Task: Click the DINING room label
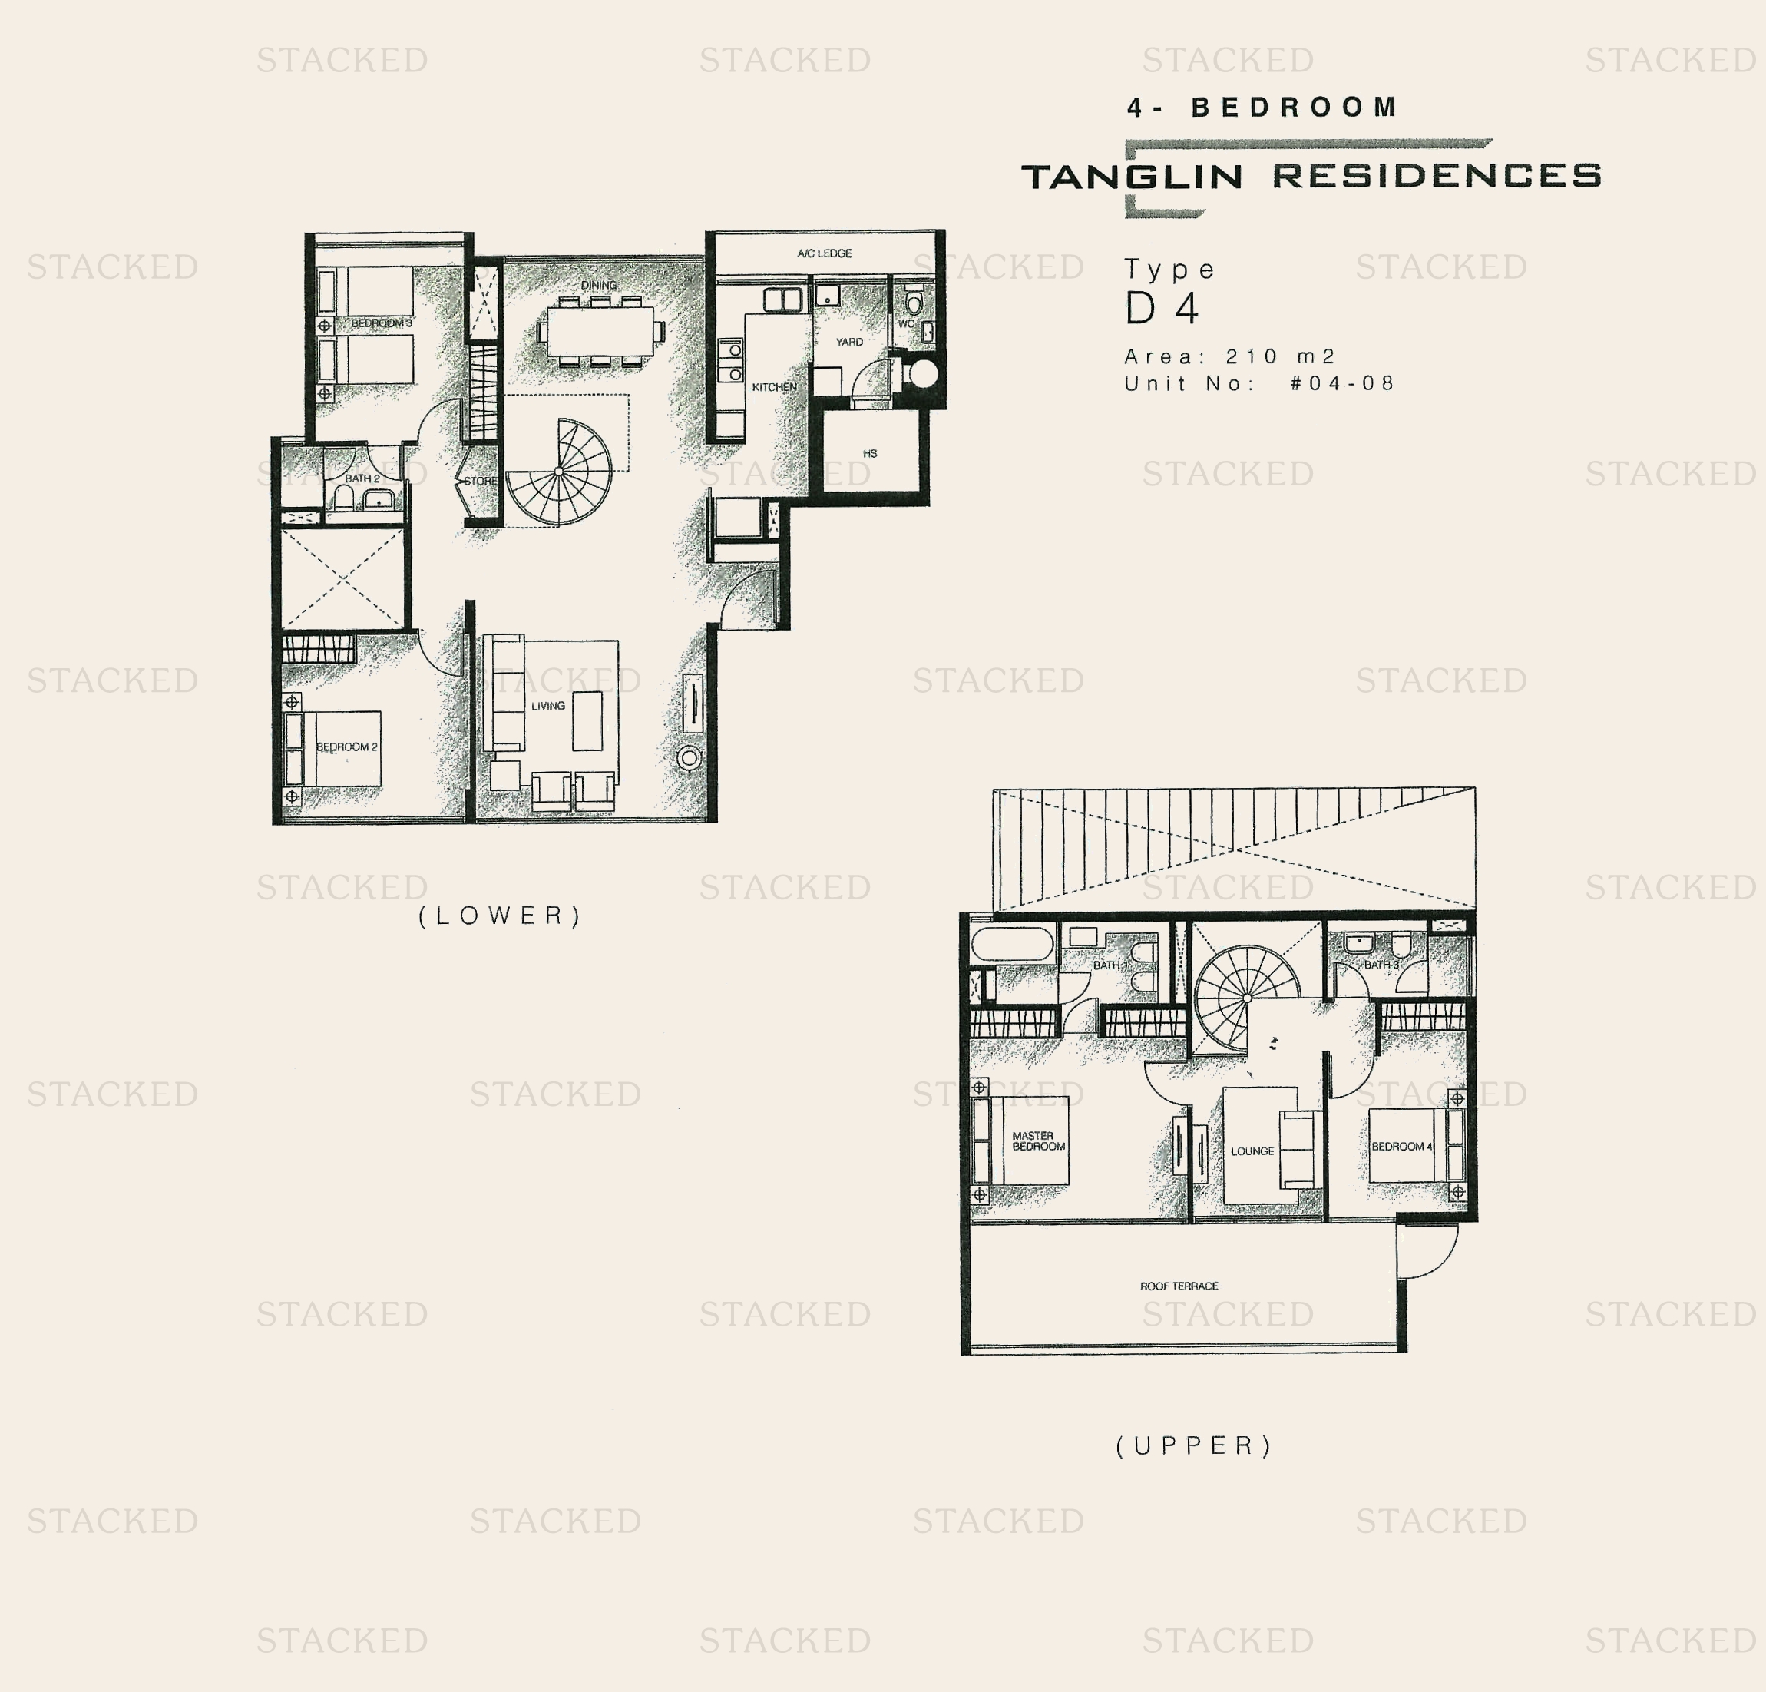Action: [x=598, y=285]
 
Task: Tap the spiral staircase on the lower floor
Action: [x=559, y=472]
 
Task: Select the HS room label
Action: [x=869, y=453]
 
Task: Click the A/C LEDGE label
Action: [x=824, y=253]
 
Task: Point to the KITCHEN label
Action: [x=774, y=387]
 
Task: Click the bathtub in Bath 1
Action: [x=1012, y=945]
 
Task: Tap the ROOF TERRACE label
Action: [x=1179, y=1286]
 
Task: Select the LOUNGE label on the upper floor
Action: [x=1252, y=1151]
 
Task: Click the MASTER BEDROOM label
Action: [x=1038, y=1141]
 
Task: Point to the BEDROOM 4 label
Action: [x=1401, y=1147]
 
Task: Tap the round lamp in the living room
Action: [x=690, y=758]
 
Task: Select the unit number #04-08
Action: [x=1341, y=383]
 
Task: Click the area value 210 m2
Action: [x=1279, y=356]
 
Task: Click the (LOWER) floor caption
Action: [x=500, y=916]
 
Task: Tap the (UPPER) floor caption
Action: [x=1194, y=1446]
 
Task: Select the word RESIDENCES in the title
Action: [x=1437, y=176]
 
